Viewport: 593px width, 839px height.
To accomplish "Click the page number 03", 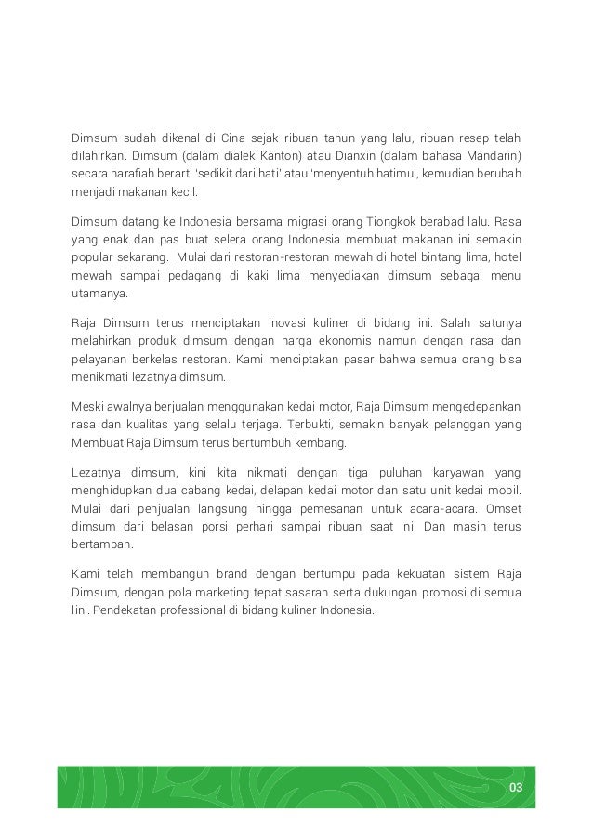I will pos(516,789).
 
